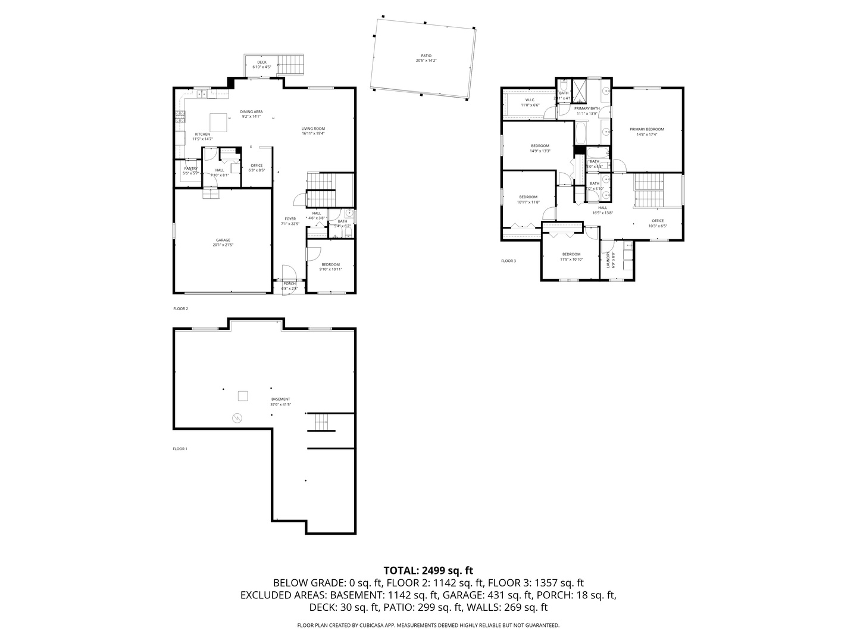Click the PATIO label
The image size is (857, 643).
(x=426, y=56)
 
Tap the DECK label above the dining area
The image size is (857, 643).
(x=262, y=63)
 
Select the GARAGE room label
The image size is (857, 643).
(x=223, y=241)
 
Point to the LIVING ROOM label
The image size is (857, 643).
(x=313, y=129)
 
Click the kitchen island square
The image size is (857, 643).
(x=218, y=123)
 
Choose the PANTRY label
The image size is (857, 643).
(x=190, y=169)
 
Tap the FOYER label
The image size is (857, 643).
(x=290, y=219)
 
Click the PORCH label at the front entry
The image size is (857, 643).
(x=290, y=283)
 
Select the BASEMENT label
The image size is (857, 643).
(x=281, y=399)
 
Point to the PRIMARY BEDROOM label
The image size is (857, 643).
(x=647, y=129)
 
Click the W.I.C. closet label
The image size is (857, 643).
(x=530, y=100)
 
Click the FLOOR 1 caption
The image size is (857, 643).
(x=180, y=449)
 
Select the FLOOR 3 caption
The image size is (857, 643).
(x=508, y=261)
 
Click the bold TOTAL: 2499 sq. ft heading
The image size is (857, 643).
(x=428, y=570)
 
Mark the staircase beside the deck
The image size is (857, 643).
(x=292, y=63)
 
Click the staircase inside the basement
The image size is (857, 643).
(x=321, y=422)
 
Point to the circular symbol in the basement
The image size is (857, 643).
(x=238, y=418)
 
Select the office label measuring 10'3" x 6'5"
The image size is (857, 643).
(x=658, y=221)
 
